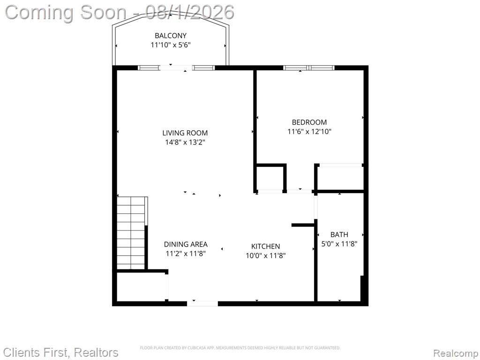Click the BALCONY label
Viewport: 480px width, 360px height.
[x=171, y=36]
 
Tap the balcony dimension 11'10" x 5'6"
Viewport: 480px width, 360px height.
[x=171, y=45]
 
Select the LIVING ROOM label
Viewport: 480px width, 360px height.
[x=185, y=133]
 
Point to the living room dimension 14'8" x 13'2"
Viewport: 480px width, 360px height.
[x=185, y=142]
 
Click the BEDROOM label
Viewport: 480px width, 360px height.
[x=309, y=122]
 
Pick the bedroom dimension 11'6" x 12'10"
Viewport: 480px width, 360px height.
[x=309, y=132]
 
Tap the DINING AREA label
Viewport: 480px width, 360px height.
[x=186, y=244]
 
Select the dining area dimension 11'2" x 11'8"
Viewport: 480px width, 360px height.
[x=186, y=254]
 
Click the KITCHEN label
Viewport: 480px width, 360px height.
[x=265, y=246]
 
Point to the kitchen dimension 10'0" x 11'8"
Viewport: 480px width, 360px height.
[x=265, y=255]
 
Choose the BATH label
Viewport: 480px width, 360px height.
[x=339, y=234]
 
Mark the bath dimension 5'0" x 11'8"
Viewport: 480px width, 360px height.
[x=339, y=244]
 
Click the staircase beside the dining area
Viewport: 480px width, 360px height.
[x=131, y=233]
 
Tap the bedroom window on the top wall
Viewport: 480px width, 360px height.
[x=308, y=68]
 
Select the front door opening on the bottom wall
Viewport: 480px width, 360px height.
[x=202, y=303]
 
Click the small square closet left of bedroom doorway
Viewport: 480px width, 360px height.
[x=270, y=178]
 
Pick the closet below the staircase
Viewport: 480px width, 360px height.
[x=141, y=287]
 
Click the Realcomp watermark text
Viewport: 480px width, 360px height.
[x=456, y=353]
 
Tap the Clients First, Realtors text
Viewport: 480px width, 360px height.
[x=60, y=352]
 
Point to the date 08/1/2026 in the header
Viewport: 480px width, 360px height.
[x=190, y=12]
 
